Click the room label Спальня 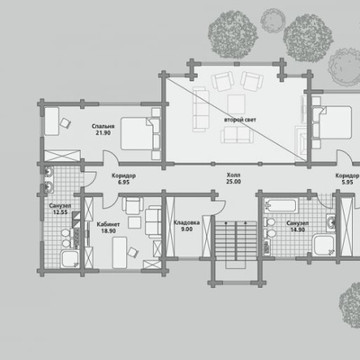103,126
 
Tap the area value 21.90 103,132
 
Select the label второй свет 240,120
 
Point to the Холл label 233,175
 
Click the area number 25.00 233,182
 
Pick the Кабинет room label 108,224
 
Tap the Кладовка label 186,222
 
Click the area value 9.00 186,229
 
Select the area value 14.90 298,229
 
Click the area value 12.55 60,212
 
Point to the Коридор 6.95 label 123,179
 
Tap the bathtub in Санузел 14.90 281,206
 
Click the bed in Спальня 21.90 140,133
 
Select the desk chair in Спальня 66,122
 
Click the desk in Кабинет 120,253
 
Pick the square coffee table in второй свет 236,104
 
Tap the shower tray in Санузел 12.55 70,259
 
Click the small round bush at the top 272,21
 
